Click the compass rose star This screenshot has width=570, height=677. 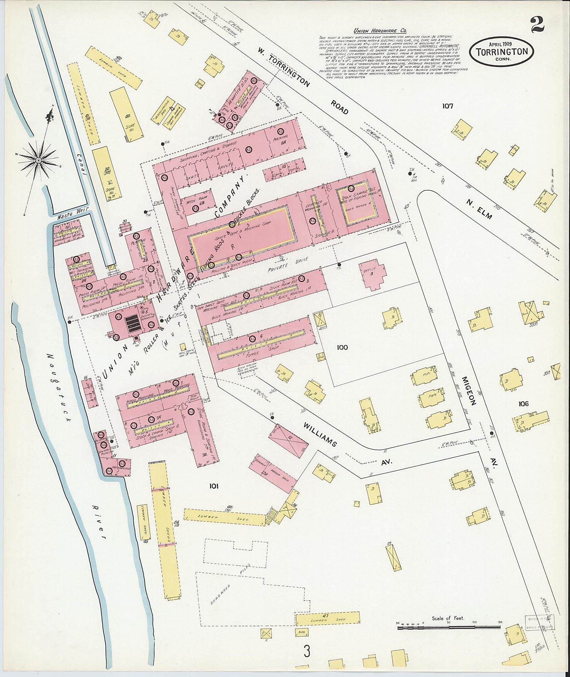[x=38, y=161]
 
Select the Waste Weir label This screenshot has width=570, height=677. [x=68, y=215]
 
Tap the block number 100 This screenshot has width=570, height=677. [x=342, y=347]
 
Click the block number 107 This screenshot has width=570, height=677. [x=447, y=106]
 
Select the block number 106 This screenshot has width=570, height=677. [x=523, y=404]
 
